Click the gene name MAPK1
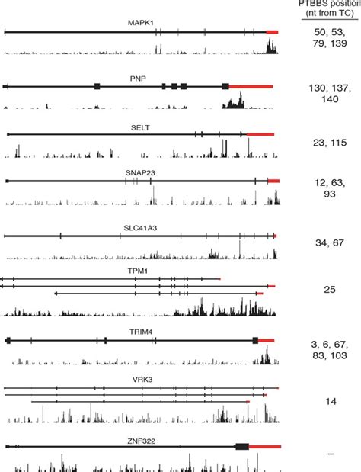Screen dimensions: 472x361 tap(140, 24)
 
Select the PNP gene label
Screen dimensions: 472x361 tap(138, 78)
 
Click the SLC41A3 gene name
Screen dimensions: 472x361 tap(140, 226)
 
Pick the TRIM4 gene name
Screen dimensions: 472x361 tap(139, 330)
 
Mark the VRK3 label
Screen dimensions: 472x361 tap(138, 377)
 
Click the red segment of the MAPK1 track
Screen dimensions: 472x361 tap(272, 32)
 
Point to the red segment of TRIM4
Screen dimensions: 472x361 tap(267, 339)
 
